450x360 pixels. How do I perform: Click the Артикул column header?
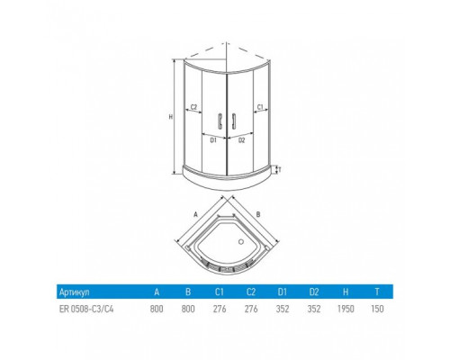pos(74,292)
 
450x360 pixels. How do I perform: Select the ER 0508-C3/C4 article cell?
pos(86,309)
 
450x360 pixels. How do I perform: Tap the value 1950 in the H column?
pos(346,309)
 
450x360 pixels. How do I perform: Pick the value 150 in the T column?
pos(377,309)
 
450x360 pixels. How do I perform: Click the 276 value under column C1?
pos(220,309)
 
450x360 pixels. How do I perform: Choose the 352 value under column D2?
pos(314,309)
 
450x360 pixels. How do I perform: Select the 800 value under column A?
pos(157,309)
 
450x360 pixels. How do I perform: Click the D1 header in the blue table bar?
pos(283,292)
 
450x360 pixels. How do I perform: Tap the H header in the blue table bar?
pos(346,292)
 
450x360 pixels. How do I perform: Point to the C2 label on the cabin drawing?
pos(193,107)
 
